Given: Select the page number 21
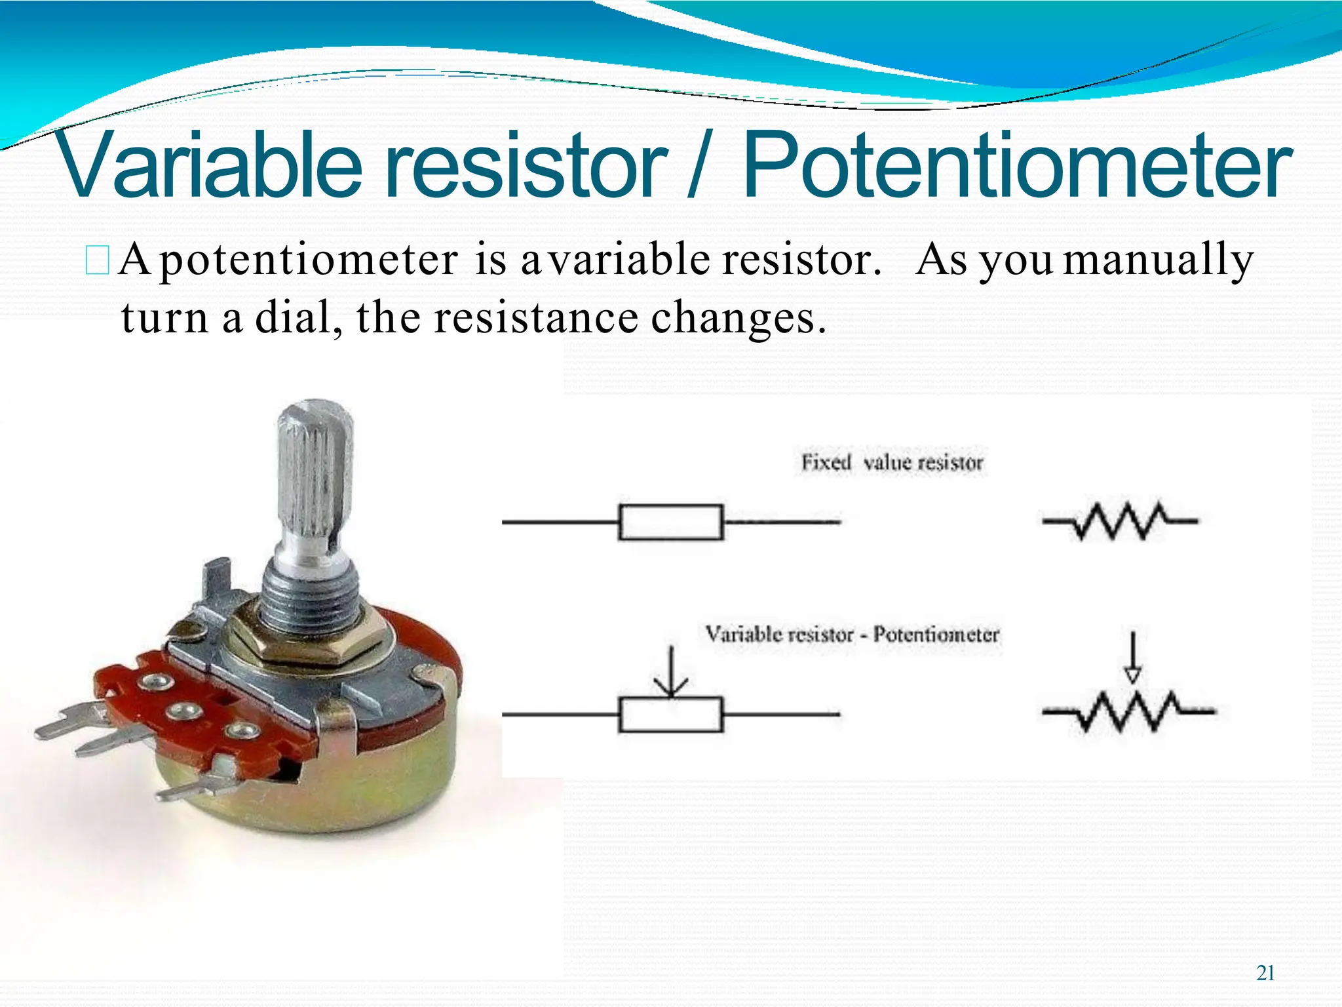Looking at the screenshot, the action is point(1265,973).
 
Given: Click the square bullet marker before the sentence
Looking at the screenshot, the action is point(97,260).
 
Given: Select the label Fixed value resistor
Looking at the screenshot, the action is point(892,463).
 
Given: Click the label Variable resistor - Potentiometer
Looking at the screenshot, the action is point(852,635).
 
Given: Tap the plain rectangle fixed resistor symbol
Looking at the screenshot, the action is point(670,522).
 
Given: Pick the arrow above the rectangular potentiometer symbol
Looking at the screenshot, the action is point(670,672).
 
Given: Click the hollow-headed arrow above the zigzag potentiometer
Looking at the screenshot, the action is point(1132,659).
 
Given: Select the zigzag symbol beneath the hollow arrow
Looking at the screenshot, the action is point(1128,711).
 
